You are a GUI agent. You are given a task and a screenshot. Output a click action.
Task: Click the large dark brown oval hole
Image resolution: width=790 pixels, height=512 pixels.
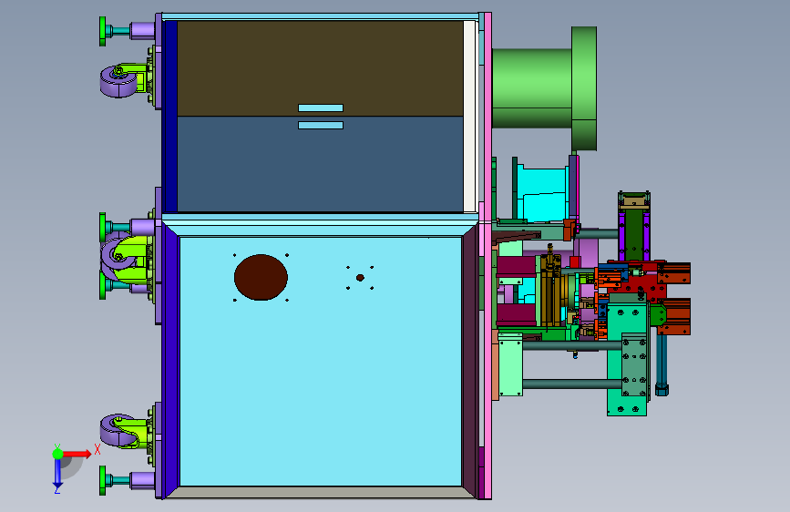[x=261, y=277]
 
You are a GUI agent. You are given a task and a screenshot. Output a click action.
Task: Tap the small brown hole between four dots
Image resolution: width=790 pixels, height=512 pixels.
[x=360, y=278]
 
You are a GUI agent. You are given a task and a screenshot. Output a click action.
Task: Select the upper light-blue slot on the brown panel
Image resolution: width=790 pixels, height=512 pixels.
[x=321, y=108]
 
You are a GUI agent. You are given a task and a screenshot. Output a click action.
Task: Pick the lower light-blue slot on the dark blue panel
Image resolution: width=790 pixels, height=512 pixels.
[x=321, y=125]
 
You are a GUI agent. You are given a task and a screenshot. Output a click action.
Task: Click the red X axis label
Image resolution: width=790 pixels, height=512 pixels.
[x=97, y=449]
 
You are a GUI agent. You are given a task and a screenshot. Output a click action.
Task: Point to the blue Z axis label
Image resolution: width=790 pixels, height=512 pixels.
[x=57, y=489]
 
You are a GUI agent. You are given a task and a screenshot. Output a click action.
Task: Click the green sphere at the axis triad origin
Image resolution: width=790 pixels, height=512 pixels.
[x=58, y=454]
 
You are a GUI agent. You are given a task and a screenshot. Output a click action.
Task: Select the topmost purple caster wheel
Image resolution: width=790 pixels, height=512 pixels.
[x=118, y=82]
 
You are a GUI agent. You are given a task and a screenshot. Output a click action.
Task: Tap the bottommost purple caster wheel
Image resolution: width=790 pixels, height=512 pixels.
[x=118, y=431]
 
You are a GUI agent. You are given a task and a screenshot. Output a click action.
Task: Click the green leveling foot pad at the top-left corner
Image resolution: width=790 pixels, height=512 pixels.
[x=103, y=31]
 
